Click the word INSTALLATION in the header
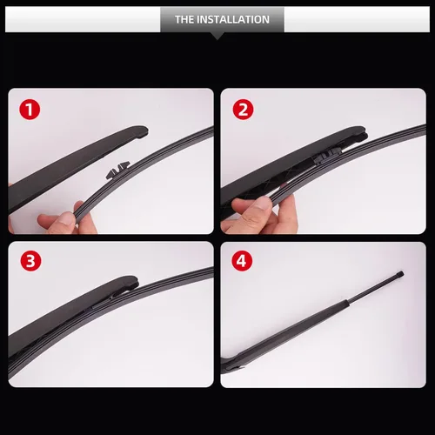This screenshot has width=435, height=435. point(233,19)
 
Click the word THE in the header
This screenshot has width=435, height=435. point(184,19)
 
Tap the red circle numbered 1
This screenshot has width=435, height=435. point(30,110)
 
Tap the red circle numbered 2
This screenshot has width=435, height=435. point(243,110)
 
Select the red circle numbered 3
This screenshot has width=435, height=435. point(30,261)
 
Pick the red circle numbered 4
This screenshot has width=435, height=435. point(242,261)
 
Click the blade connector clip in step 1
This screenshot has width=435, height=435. point(117,170)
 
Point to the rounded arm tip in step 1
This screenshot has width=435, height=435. point(141,131)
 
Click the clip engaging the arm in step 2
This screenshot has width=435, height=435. point(329,156)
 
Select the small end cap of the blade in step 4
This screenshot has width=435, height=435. point(400,274)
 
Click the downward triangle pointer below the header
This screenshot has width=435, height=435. point(217,36)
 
